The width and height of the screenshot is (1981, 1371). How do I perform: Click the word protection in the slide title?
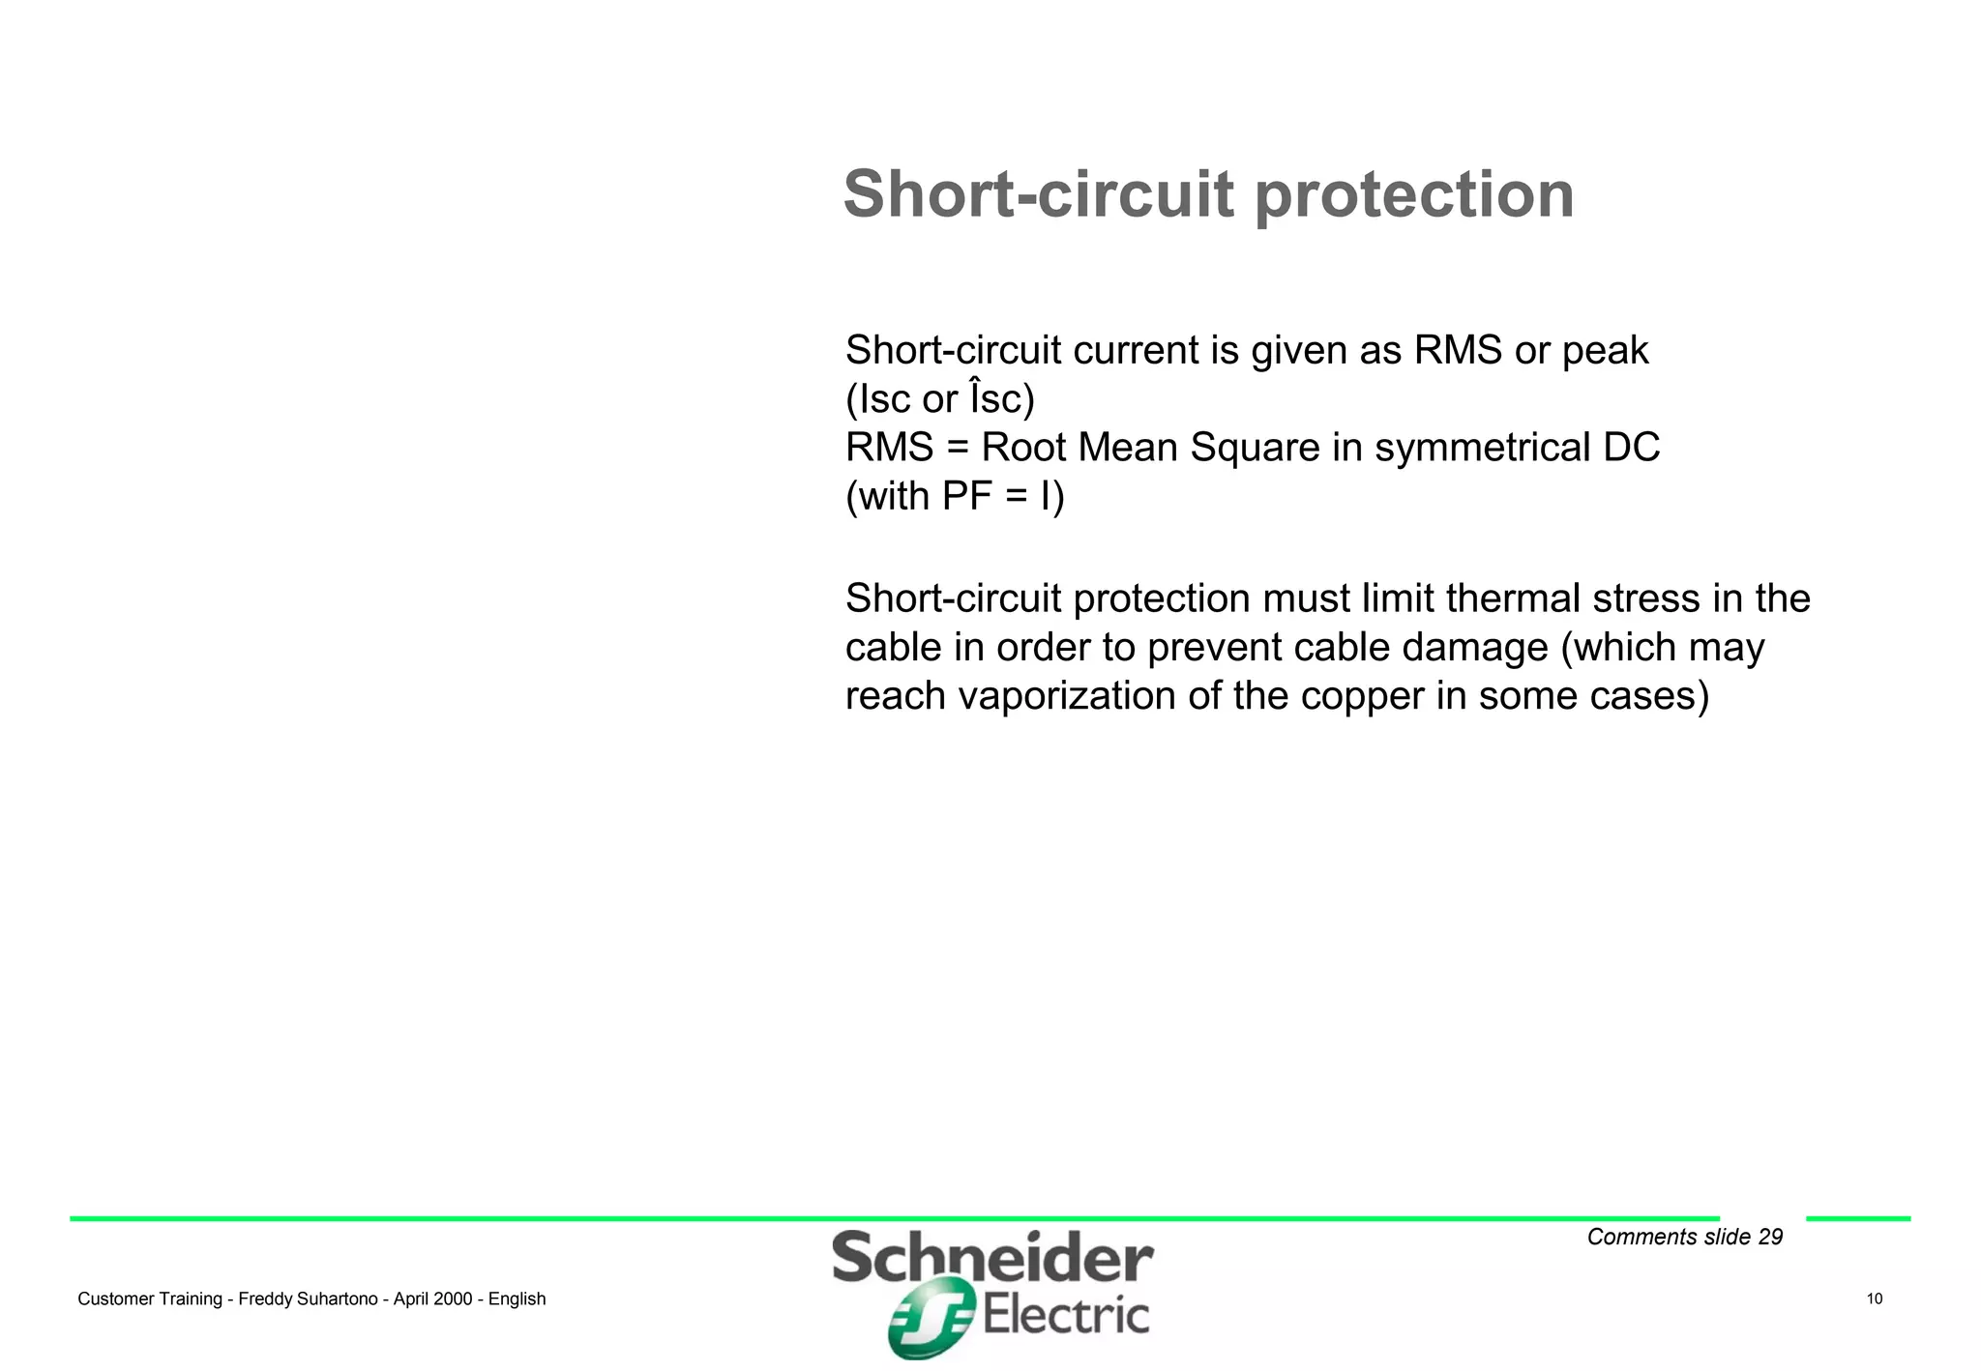(x=1414, y=196)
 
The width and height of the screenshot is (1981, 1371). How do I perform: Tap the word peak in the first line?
(x=1605, y=351)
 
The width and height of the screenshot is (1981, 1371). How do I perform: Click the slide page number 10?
(x=1875, y=1298)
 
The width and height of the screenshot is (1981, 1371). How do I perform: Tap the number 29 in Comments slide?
(x=1770, y=1238)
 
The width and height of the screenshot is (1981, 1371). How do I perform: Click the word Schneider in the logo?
(x=991, y=1259)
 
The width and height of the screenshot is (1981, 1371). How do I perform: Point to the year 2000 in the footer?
(x=453, y=1299)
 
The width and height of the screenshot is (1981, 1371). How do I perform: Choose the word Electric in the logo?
(x=1066, y=1316)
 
